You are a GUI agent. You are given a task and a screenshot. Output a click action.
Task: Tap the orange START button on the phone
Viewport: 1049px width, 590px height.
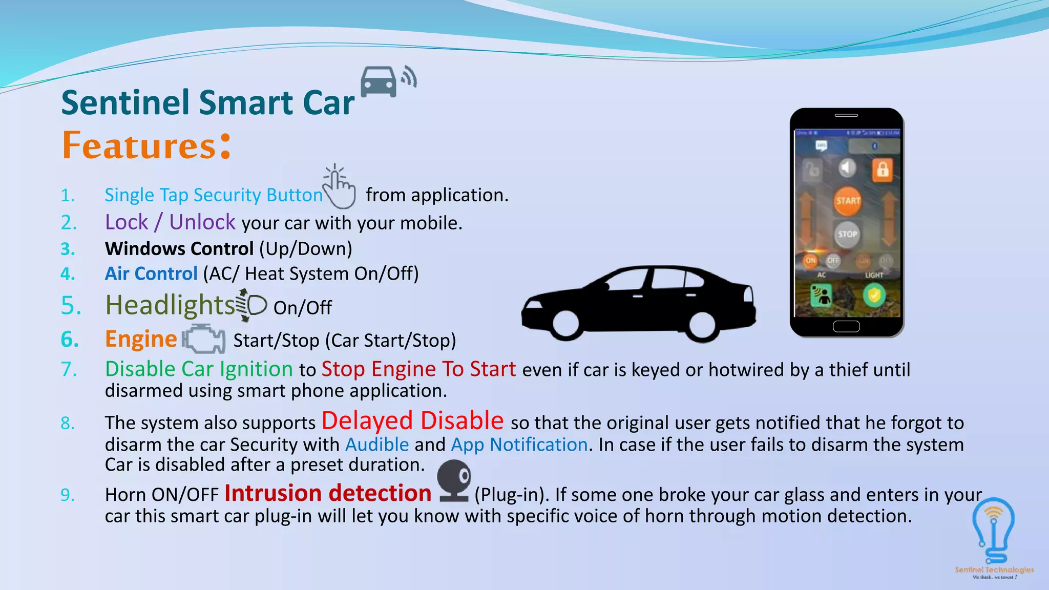848,201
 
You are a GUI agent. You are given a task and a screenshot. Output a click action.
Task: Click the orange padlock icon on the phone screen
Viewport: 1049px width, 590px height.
882,170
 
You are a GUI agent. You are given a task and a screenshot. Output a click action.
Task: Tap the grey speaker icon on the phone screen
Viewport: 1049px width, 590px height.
847,168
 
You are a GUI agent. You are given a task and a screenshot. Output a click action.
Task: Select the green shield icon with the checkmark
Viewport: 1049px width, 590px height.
874,296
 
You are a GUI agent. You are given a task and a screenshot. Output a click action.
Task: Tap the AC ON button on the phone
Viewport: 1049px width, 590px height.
810,261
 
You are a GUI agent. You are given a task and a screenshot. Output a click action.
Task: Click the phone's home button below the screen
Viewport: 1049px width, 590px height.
846,326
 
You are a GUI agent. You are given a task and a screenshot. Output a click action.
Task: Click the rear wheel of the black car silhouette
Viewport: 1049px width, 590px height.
701,325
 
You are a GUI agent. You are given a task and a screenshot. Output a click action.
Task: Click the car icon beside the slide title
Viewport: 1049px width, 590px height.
379,82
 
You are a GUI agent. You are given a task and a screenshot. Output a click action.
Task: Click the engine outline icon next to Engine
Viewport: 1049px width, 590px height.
204,339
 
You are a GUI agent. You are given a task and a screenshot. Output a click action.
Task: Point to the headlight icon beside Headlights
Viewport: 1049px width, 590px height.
252,305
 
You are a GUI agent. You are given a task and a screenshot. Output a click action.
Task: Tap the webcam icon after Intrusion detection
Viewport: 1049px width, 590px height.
454,480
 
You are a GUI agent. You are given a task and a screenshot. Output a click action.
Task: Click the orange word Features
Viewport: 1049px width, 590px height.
139,146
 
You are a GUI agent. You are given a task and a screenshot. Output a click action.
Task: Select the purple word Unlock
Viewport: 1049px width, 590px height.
202,222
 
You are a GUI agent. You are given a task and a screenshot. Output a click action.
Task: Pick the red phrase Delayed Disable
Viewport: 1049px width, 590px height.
412,420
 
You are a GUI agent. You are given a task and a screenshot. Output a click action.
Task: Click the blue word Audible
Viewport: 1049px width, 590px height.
377,445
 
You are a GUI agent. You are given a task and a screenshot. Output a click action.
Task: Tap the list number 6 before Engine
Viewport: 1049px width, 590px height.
70,340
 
